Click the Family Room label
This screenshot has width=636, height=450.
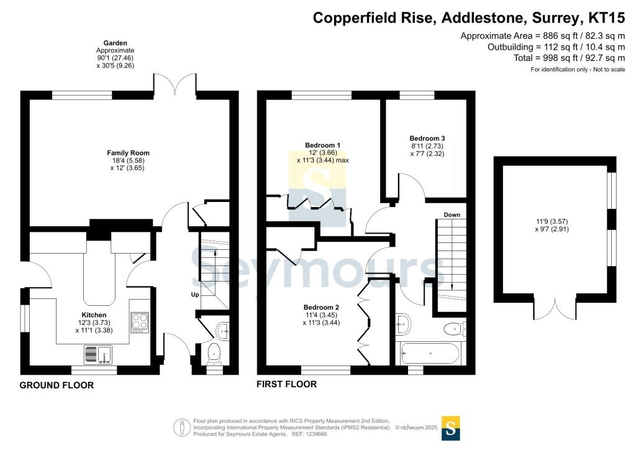click(x=128, y=153)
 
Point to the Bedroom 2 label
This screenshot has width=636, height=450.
click(x=321, y=307)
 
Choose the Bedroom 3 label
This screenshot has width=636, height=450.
click(x=427, y=138)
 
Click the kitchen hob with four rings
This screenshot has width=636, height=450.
click(x=140, y=323)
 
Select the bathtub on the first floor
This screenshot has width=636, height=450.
click(x=430, y=355)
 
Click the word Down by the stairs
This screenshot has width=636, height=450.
click(x=452, y=215)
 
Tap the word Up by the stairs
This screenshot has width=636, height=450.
click(x=194, y=294)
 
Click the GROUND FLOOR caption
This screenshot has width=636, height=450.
click(x=57, y=385)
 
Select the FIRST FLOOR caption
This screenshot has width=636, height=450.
click(x=287, y=384)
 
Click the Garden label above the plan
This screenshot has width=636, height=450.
click(x=115, y=43)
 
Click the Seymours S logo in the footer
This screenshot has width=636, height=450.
click(x=451, y=428)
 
